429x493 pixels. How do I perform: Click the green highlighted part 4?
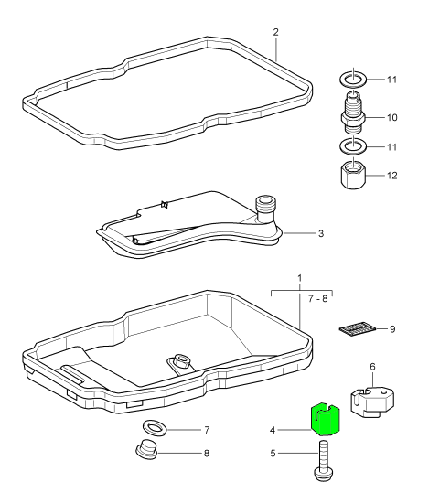326,420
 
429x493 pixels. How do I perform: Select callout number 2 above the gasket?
275,32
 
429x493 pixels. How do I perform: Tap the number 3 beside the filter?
320,233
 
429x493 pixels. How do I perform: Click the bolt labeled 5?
323,461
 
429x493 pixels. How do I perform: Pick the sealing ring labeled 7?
155,428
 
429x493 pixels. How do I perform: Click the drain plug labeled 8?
146,450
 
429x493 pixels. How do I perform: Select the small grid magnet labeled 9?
358,329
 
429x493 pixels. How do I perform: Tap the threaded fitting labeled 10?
353,113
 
